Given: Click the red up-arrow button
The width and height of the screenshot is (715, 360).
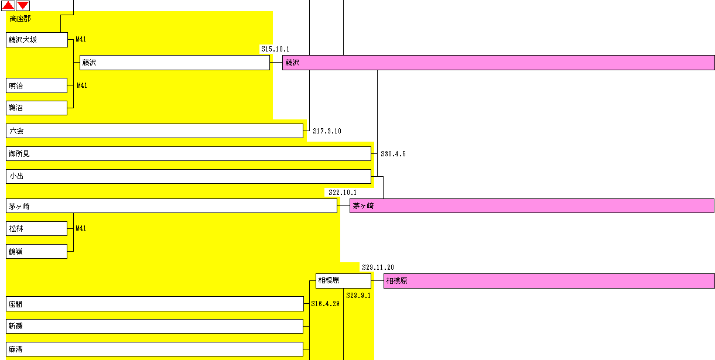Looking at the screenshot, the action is pyautogui.click(x=8, y=5).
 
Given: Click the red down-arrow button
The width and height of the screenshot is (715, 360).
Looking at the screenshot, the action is pyautogui.click(x=23, y=5).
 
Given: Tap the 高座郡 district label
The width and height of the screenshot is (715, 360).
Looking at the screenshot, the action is pyautogui.click(x=20, y=19).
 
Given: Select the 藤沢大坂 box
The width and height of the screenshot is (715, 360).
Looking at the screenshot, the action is pyautogui.click(x=37, y=40).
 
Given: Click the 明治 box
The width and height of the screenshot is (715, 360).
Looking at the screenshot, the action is pyautogui.click(x=36, y=85).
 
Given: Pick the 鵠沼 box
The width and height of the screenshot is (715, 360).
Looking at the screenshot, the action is pyautogui.click(x=36, y=108).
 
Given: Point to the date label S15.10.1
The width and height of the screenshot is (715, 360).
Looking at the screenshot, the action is pyautogui.click(x=275, y=49).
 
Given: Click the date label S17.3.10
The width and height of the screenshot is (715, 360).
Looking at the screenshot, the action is pyautogui.click(x=327, y=131).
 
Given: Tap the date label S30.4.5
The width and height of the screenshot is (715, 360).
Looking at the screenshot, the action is pyautogui.click(x=394, y=154).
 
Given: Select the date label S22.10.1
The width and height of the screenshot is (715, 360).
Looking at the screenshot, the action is pyautogui.click(x=343, y=193).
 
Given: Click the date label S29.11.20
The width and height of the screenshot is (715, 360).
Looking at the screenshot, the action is pyautogui.click(x=378, y=268).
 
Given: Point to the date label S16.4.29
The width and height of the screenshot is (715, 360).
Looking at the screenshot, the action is pyautogui.click(x=325, y=304).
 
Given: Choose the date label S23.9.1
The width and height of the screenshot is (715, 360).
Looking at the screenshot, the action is pyautogui.click(x=358, y=296).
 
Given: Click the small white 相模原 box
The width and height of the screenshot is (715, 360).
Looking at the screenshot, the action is pyautogui.click(x=344, y=281).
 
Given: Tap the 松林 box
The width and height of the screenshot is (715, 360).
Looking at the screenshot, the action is pyautogui.click(x=36, y=228).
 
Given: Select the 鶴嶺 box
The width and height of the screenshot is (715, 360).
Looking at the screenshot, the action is pyautogui.click(x=36, y=252).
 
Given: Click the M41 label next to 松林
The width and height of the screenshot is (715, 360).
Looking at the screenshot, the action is pyautogui.click(x=81, y=228).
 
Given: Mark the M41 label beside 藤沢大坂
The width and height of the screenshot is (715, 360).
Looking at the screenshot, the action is pyautogui.click(x=81, y=39).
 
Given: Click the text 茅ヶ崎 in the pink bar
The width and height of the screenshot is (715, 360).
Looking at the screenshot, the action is pyautogui.click(x=363, y=206).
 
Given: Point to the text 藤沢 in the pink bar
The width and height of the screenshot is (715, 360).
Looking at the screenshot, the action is pyautogui.click(x=292, y=63).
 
